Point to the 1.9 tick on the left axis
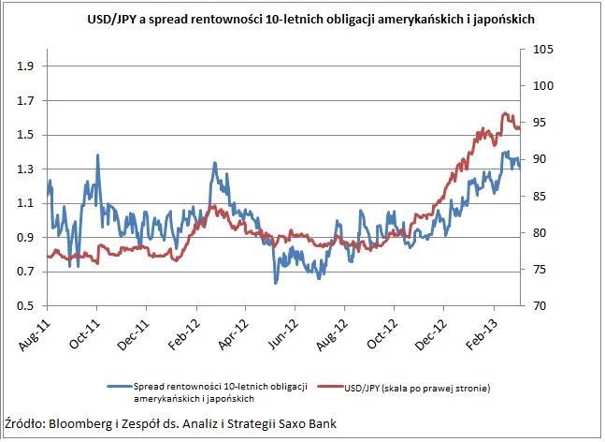click(25, 66)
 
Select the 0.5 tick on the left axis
click(25, 306)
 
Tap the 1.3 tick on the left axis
click(25, 169)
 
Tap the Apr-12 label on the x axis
click(233, 334)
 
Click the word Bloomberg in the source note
click(79, 423)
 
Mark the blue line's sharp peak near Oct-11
click(97, 155)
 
